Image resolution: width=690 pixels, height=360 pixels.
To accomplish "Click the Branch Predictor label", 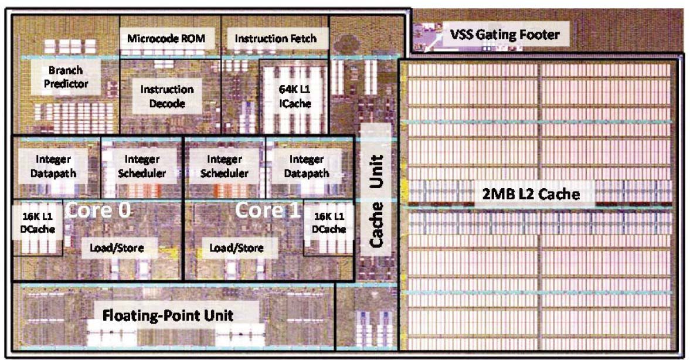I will click(65, 77).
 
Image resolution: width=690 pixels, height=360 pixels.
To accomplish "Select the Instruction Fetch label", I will click(275, 39).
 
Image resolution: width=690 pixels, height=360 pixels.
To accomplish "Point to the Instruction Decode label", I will click(166, 97).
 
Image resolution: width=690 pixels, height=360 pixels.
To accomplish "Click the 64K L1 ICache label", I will click(291, 97).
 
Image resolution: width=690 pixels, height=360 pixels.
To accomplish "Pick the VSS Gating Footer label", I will click(504, 35).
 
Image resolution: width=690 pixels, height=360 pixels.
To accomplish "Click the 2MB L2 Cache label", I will click(531, 194).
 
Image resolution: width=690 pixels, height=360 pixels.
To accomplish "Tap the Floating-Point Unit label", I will click(168, 315).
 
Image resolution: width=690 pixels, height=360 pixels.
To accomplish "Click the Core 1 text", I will click(267, 210).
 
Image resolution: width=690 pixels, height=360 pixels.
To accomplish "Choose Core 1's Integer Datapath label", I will click(306, 166).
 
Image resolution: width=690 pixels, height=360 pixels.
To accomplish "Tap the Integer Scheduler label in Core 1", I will click(224, 166).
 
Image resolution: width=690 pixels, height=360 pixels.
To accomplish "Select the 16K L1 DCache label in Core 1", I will click(329, 223).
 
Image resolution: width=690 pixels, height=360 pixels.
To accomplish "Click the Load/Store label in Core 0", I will click(116, 248).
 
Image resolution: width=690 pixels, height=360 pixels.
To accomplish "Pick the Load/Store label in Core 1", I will click(236, 248).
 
